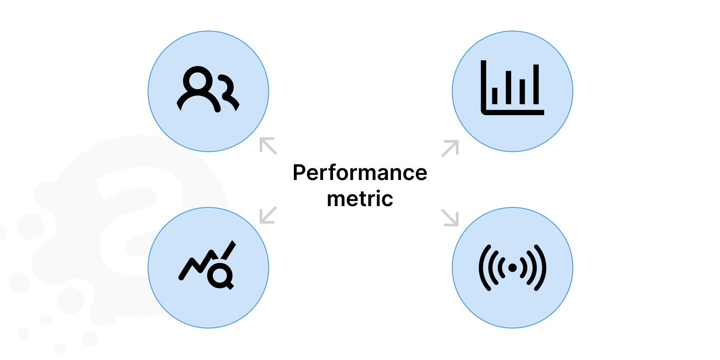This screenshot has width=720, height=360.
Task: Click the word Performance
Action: click(x=360, y=173)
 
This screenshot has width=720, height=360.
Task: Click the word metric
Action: click(x=360, y=199)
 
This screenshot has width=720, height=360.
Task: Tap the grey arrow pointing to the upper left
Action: click(x=268, y=146)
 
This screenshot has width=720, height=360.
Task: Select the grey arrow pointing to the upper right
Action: click(x=450, y=148)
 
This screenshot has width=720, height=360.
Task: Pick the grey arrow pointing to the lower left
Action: click(x=268, y=215)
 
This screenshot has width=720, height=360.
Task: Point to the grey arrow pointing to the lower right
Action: click(x=450, y=217)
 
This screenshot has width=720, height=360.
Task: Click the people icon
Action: click(x=208, y=90)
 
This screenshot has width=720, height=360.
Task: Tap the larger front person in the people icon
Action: click(x=198, y=90)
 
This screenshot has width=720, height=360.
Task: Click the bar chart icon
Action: click(x=512, y=88)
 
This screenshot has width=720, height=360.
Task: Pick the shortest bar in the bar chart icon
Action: click(x=495, y=95)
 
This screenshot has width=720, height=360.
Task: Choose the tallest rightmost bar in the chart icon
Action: click(x=536, y=84)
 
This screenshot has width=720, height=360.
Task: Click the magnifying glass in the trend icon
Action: click(x=220, y=275)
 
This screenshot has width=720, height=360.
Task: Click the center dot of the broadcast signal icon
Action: click(x=512, y=268)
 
